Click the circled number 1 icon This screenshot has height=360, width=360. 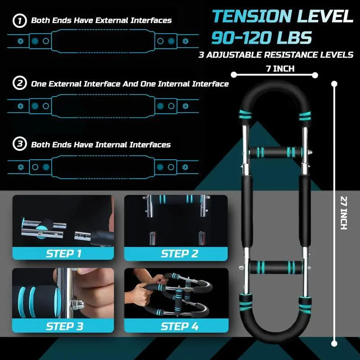(19, 20)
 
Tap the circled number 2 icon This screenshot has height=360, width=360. (19, 84)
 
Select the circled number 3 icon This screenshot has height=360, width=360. (19, 144)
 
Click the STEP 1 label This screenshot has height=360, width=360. (63, 254)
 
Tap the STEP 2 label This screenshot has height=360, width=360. (180, 254)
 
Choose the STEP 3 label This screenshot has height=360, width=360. (63, 326)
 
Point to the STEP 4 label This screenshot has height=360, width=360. (180, 326)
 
